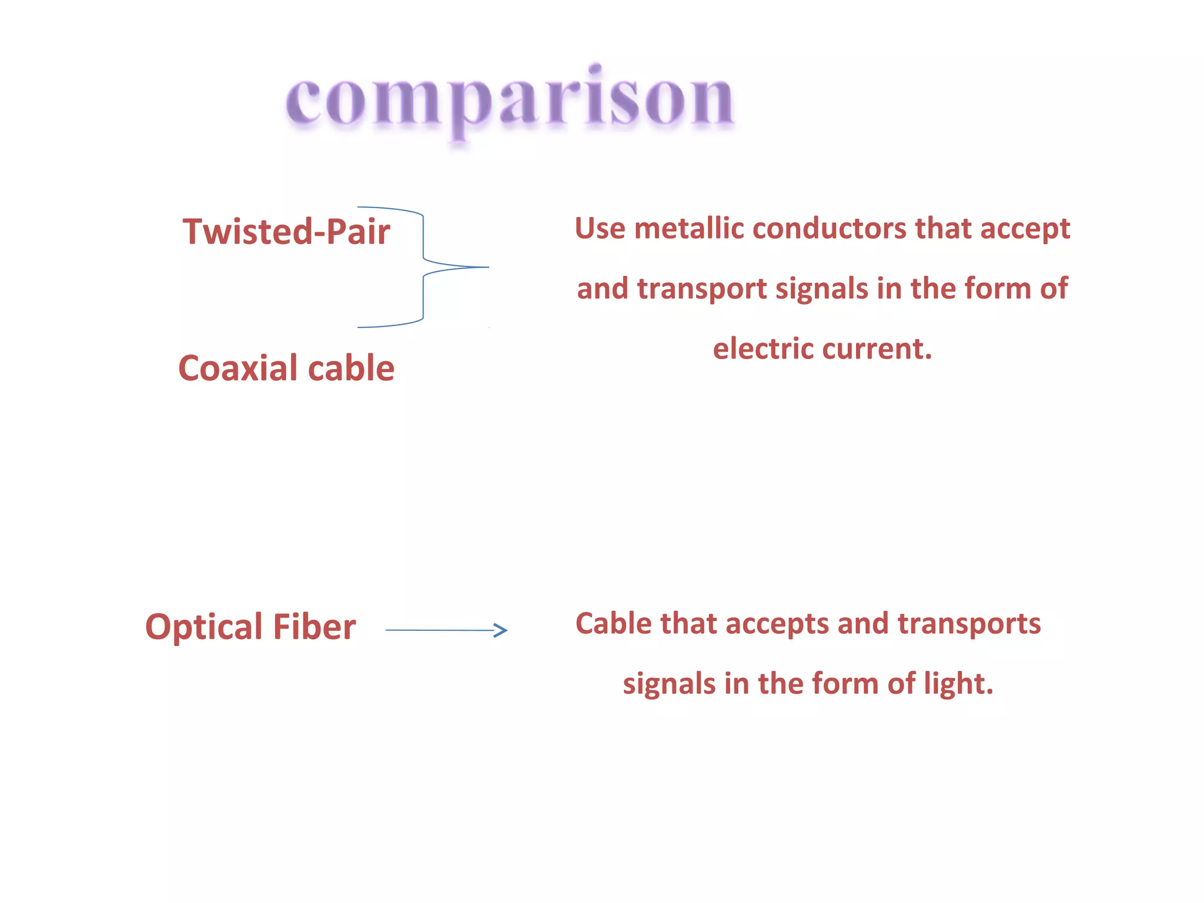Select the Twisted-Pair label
(286, 231)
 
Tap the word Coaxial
(238, 369)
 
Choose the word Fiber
(314, 627)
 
